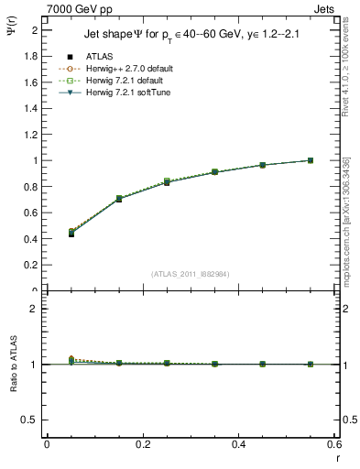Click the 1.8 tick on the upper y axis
coord(32,56)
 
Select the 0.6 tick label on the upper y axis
coord(32,213)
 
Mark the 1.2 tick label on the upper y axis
coord(32,135)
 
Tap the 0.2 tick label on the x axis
coord(142,444)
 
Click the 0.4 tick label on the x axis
coord(238,444)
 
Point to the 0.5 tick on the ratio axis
coord(32,420)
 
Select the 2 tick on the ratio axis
coord(35,309)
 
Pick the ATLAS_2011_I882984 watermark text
coord(190,273)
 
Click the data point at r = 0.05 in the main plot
coord(47,234)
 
